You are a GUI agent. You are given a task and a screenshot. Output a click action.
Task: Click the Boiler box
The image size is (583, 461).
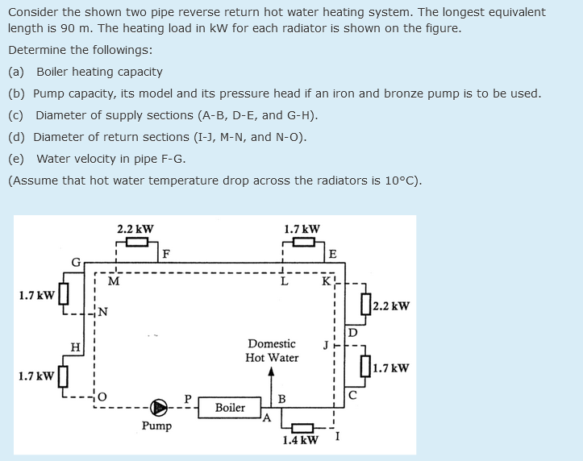[230, 408]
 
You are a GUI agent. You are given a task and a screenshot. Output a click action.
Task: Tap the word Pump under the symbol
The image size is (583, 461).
[156, 426]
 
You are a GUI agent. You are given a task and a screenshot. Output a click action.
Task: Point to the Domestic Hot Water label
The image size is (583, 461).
[273, 351]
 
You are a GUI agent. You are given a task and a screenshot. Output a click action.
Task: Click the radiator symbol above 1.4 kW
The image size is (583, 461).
[302, 427]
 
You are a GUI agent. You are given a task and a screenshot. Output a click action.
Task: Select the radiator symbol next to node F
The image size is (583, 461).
[136, 242]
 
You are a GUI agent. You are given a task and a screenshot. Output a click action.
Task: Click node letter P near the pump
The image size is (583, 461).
[188, 397]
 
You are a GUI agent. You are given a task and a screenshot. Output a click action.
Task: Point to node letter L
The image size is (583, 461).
[283, 280]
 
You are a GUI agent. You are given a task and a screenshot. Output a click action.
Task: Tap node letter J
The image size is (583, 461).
[326, 347]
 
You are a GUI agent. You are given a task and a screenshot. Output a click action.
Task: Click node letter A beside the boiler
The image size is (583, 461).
[268, 417]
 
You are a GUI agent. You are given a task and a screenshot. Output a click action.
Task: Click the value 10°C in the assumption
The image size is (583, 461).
[399, 180]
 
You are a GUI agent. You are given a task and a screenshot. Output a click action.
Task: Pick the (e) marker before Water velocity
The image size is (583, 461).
[16, 158]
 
